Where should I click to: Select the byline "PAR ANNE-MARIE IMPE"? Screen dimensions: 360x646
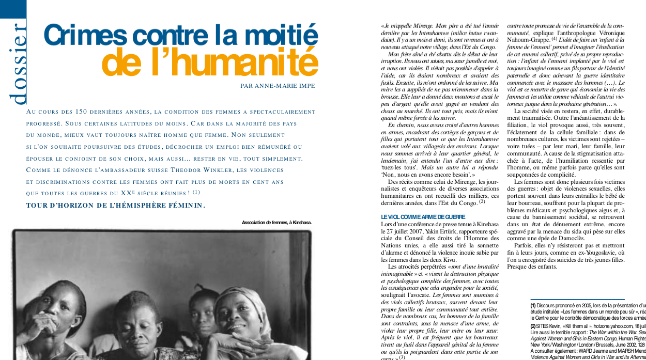point(278,86)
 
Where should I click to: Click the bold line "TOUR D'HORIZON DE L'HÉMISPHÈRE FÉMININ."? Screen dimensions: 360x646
point(116,205)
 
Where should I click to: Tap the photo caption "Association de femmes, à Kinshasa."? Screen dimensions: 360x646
point(276,223)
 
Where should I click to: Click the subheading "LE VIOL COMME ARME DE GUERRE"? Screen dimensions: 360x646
point(416,217)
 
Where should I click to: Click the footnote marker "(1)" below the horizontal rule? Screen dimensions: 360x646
point(533,306)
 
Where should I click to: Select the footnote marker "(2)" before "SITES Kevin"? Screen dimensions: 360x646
point(533,326)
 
